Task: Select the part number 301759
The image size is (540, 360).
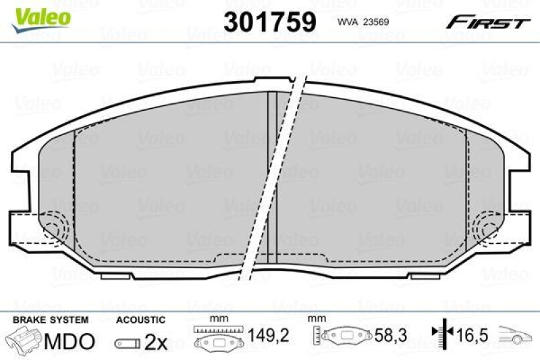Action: coord(269,22)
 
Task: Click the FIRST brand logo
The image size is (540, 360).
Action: coord(487,22)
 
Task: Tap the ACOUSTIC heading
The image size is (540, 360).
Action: coord(140,319)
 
